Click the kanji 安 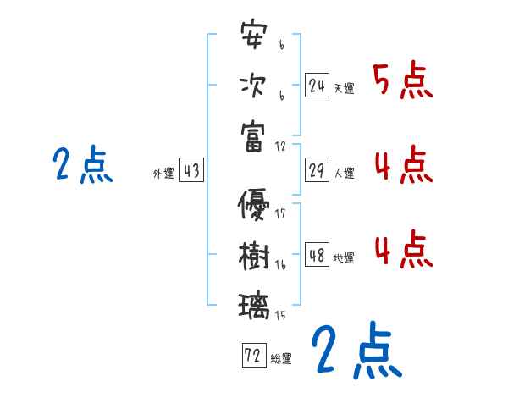[254, 37]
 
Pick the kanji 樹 [254, 255]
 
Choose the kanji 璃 [254, 304]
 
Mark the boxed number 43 [191, 171]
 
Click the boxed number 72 [253, 356]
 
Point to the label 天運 [344, 88]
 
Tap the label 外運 [163, 174]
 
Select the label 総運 [281, 358]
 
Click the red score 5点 [402, 81]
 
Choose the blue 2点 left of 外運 [82, 165]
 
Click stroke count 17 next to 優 [281, 213]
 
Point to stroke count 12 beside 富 [281, 146]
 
